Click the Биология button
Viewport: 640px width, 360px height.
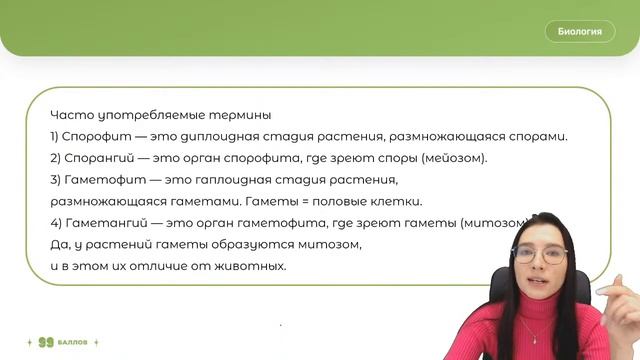point(579,31)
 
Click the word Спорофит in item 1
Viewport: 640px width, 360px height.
point(92,136)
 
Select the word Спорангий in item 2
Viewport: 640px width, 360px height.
point(95,158)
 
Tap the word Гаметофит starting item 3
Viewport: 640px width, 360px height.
point(96,180)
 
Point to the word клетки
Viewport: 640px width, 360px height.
point(395,201)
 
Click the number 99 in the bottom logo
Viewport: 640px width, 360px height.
point(45,343)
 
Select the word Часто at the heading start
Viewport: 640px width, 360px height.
point(67,115)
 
